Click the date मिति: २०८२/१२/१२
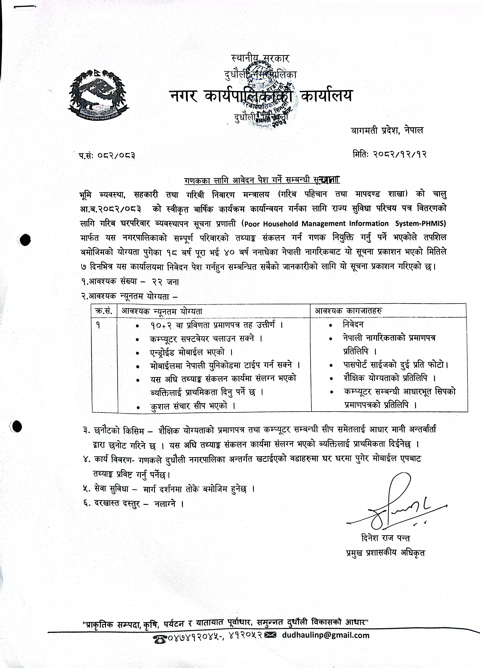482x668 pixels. (x=389, y=154)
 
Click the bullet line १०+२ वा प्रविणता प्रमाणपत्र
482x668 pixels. (x=216, y=325)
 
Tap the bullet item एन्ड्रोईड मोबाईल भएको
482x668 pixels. (x=191, y=352)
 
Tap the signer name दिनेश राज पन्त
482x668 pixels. (x=385, y=538)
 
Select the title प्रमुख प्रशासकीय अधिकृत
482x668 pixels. (x=385, y=553)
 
